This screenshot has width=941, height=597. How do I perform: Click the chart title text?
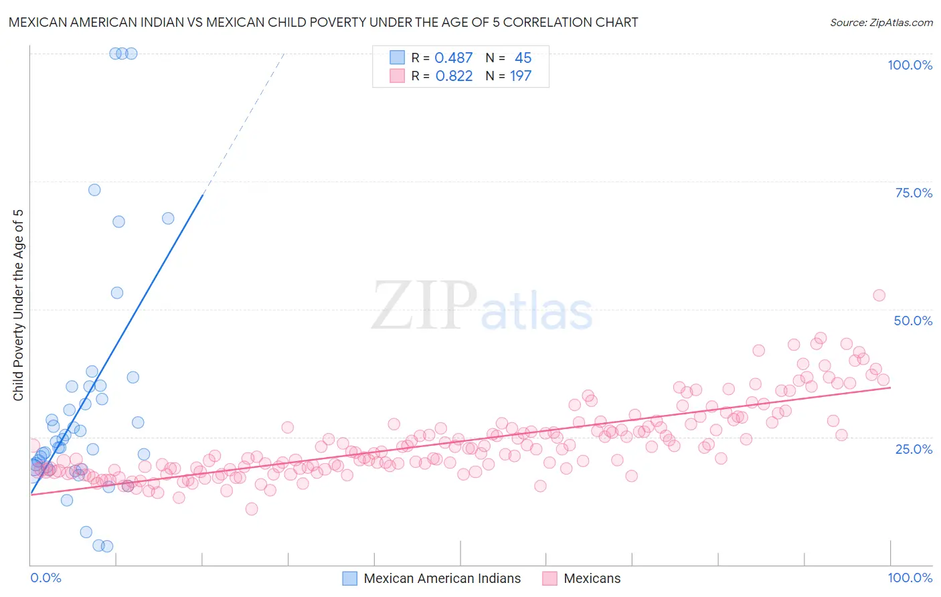tap(323, 22)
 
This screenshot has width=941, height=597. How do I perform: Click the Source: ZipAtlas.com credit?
tap(881, 22)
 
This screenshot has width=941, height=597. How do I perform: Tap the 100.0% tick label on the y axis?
tap(910, 65)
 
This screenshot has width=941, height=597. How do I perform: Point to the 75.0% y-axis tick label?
tap(914, 193)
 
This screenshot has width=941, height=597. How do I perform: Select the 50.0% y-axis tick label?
tap(913, 321)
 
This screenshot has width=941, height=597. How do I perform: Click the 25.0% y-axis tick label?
tap(914, 448)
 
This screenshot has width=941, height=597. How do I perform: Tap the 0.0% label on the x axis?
tap(46, 578)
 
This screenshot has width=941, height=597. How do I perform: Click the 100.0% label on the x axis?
tap(910, 578)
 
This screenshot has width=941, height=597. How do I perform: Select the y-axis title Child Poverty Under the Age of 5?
tap(19, 305)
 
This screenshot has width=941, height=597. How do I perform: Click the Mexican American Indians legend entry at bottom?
tap(442, 578)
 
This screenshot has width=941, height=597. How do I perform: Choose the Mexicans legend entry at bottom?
tap(592, 578)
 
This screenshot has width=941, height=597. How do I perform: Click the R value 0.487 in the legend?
tap(454, 58)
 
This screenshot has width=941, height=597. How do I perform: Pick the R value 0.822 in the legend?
tap(454, 76)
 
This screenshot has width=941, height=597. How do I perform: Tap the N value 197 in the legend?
tap(521, 76)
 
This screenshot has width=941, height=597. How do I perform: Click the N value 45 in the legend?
tap(523, 58)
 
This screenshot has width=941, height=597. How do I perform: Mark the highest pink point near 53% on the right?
tap(879, 295)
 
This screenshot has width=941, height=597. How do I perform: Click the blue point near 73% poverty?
tap(94, 190)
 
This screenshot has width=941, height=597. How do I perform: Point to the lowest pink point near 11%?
tap(252, 509)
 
